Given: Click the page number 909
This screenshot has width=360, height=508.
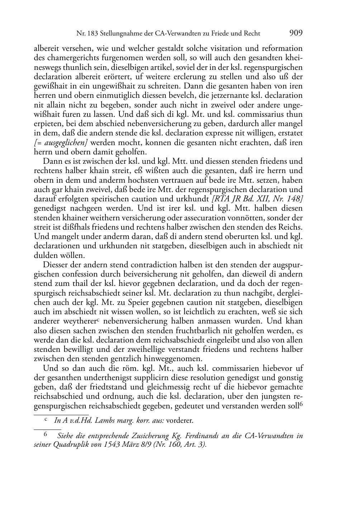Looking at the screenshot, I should (x=296, y=33).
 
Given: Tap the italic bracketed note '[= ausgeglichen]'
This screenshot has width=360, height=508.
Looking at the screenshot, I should (x=61, y=143).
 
